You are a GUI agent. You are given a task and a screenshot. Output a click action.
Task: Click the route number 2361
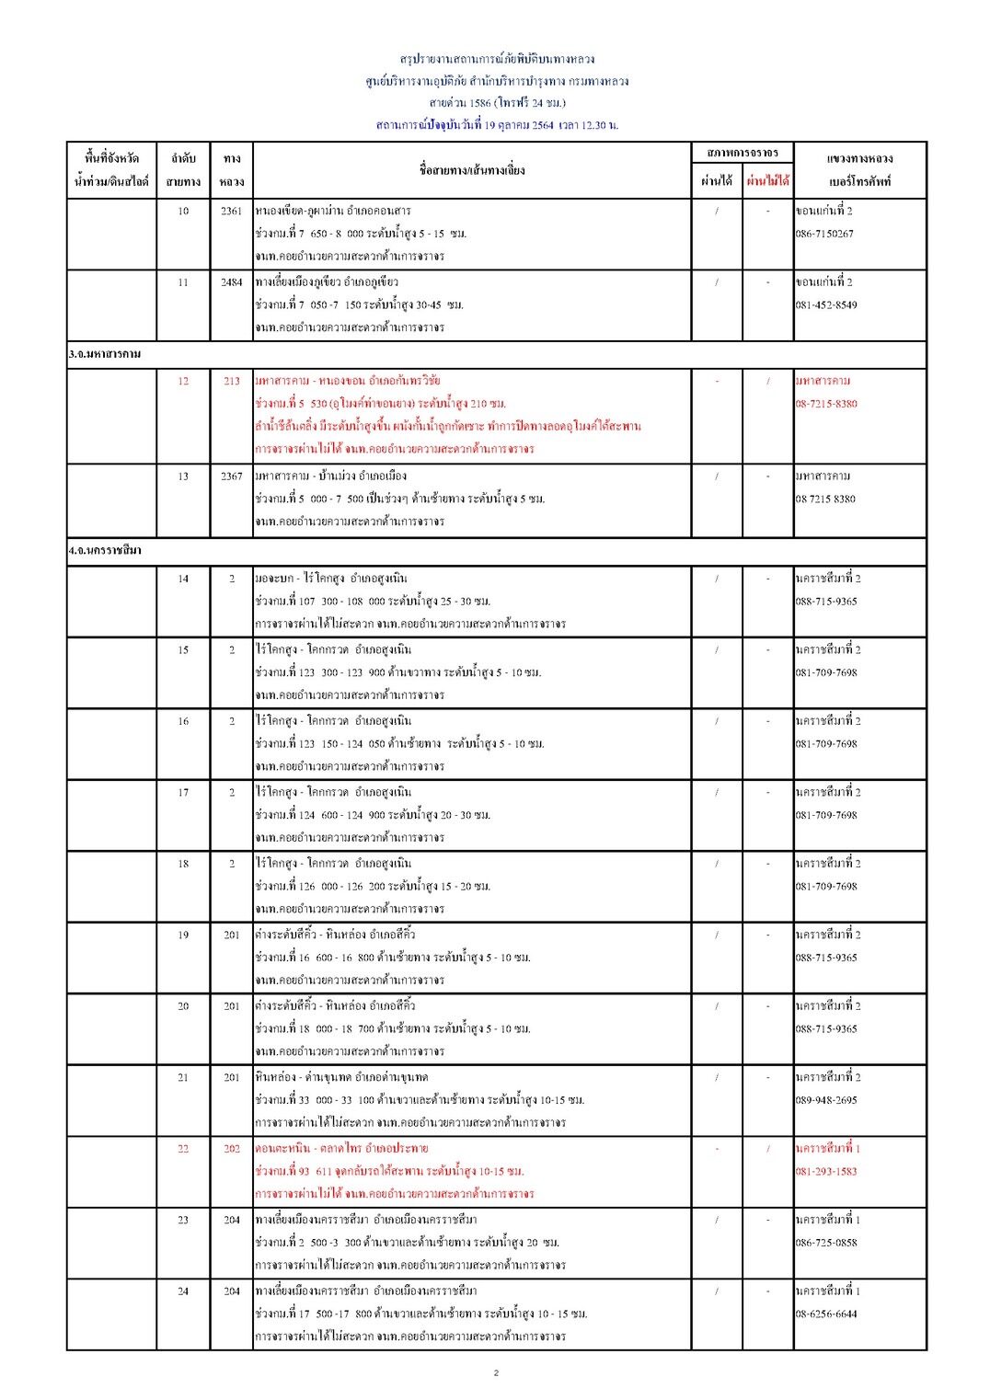231,212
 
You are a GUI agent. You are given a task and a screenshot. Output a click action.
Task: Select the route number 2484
231,282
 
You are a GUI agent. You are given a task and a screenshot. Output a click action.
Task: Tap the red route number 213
231,381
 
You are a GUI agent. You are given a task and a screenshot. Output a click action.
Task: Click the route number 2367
231,476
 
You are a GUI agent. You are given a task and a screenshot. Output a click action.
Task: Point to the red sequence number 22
183,1149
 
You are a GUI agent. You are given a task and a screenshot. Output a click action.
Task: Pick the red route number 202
231,1149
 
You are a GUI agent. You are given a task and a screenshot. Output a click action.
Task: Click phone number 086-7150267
824,235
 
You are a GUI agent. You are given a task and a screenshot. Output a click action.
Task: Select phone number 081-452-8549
826,305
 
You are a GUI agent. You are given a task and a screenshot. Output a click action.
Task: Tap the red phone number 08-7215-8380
826,404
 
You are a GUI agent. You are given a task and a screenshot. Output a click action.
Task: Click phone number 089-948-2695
826,1100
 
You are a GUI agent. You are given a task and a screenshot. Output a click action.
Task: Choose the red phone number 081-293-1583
826,1172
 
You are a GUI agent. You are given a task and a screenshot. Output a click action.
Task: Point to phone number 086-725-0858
826,1243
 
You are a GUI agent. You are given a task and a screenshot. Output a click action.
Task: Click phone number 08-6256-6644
826,1314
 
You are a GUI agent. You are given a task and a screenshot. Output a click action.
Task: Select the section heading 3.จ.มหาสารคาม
105,354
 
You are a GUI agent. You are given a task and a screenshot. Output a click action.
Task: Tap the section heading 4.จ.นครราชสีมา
105,551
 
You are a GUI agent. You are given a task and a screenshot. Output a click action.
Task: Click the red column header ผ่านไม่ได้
767,181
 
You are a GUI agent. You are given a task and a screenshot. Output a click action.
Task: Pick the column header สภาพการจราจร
742,153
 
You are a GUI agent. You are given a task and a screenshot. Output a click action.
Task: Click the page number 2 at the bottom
496,1373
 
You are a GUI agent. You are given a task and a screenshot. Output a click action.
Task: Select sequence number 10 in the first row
183,212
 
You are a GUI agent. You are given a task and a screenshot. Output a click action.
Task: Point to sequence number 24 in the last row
183,1291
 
